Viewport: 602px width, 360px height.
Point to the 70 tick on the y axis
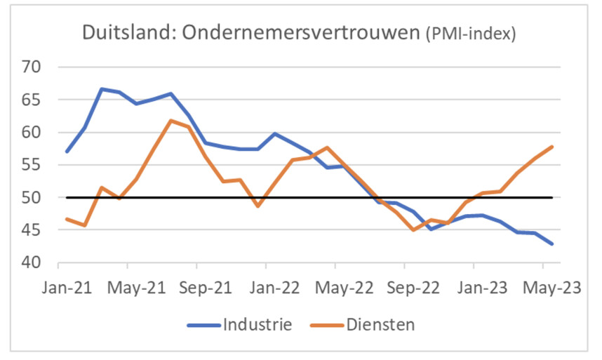(33, 68)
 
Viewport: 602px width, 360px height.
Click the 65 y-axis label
(33, 100)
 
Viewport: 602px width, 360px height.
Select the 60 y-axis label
(33, 133)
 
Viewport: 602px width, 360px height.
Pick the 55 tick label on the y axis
(33, 166)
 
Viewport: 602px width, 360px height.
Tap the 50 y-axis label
(33, 198)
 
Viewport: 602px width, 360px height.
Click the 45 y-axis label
(33, 230)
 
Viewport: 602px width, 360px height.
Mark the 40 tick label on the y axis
(33, 263)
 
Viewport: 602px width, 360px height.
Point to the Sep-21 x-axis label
(197, 288)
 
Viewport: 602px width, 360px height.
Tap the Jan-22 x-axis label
(266, 288)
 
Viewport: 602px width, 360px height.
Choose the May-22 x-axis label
(335, 288)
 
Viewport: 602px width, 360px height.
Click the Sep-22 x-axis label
(405, 288)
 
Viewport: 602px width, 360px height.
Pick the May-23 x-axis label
(543, 288)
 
